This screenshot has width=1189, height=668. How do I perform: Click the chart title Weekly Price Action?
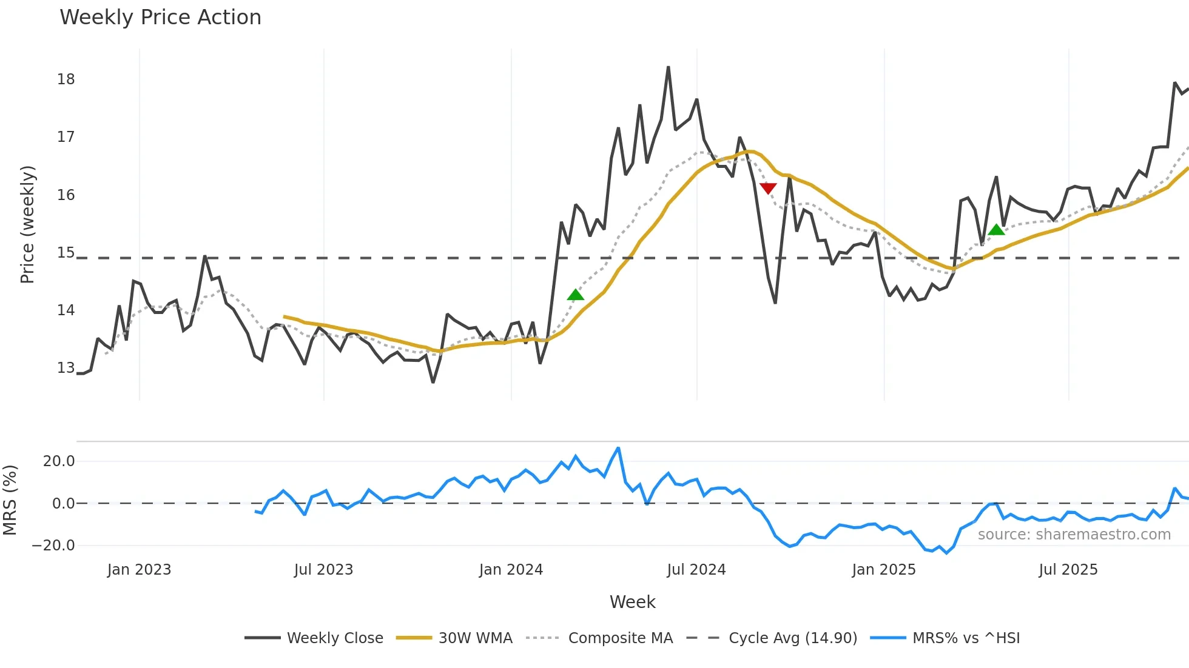[x=160, y=18]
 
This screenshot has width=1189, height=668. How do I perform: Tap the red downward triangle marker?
[x=768, y=188]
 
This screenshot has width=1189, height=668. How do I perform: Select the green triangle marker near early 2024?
[x=575, y=295]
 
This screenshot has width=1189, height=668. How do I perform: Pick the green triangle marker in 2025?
[x=996, y=230]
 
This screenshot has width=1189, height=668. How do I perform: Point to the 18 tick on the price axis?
[x=66, y=79]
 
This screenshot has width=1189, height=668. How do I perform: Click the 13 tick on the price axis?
[x=66, y=368]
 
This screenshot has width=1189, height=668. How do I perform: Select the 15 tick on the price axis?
[x=66, y=253]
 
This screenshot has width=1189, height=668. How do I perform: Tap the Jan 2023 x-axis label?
[x=139, y=570]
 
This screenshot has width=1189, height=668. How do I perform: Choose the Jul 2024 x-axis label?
[x=696, y=570]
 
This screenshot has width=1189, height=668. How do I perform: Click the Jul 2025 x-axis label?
[x=1068, y=570]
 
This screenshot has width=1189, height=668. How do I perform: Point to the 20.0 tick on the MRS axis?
[x=59, y=461]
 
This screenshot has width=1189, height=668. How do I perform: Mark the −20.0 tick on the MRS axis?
[x=53, y=546]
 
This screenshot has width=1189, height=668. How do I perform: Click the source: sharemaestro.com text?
[x=1074, y=535]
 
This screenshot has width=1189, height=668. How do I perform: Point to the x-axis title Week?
[x=632, y=602]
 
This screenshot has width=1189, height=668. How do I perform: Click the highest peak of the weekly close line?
[x=669, y=67]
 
